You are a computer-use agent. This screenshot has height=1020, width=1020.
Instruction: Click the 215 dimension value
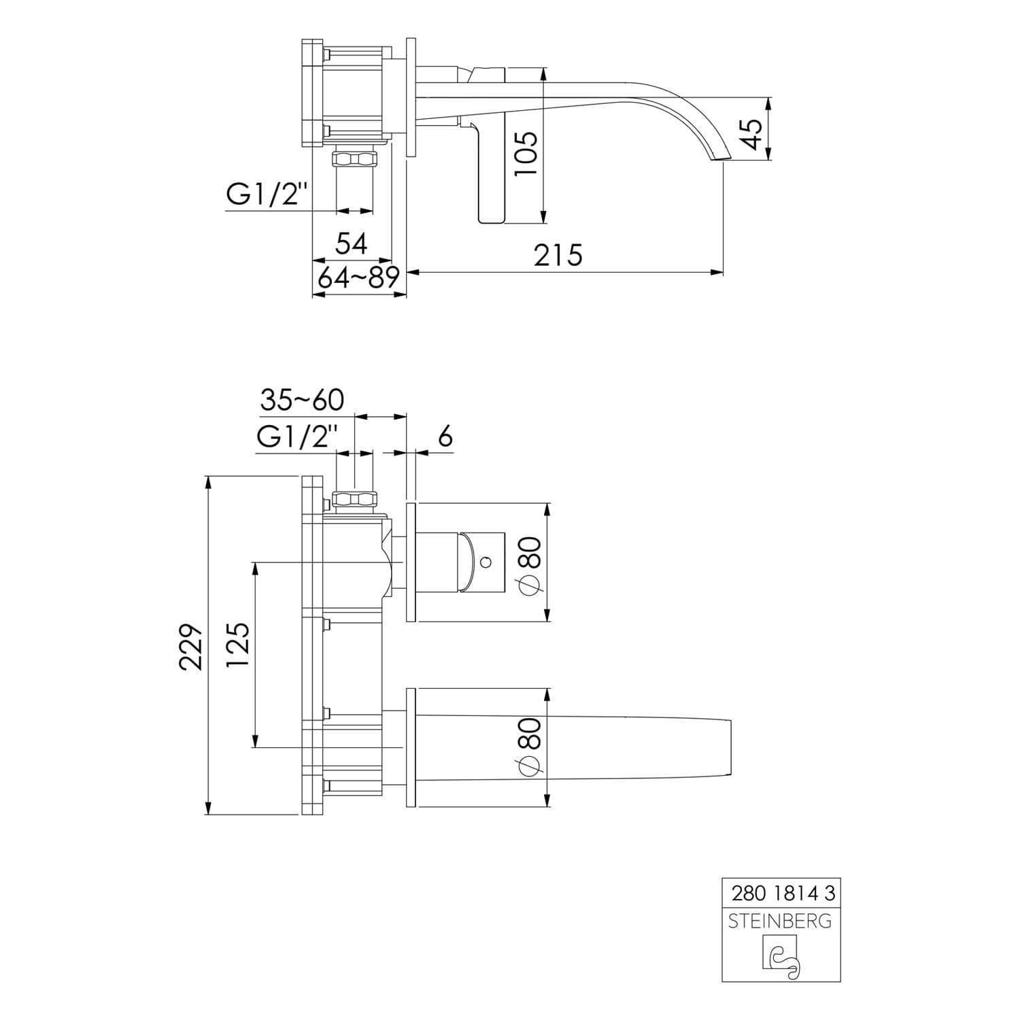click(x=558, y=255)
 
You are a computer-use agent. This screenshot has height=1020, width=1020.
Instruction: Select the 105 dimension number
click(x=526, y=153)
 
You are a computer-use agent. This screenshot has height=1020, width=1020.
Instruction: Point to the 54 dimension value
click(x=352, y=243)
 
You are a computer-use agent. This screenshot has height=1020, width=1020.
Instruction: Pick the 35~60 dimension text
click(x=302, y=400)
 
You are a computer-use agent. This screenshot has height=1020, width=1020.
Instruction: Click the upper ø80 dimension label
click(x=530, y=565)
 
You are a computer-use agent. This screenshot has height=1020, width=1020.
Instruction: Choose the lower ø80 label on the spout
click(x=530, y=746)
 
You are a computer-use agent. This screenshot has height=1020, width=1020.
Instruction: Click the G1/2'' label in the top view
click(x=268, y=195)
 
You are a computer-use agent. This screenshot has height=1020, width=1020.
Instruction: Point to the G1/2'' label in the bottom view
click(x=297, y=437)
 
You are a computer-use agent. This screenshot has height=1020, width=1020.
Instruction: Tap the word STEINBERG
click(x=780, y=921)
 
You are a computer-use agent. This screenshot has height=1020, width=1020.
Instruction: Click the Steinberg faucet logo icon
click(x=782, y=958)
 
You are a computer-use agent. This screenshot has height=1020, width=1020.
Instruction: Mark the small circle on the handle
click(x=486, y=562)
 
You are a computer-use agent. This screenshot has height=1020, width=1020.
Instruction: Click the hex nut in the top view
click(x=354, y=159)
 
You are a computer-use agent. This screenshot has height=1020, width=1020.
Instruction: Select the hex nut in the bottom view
click(x=354, y=498)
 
